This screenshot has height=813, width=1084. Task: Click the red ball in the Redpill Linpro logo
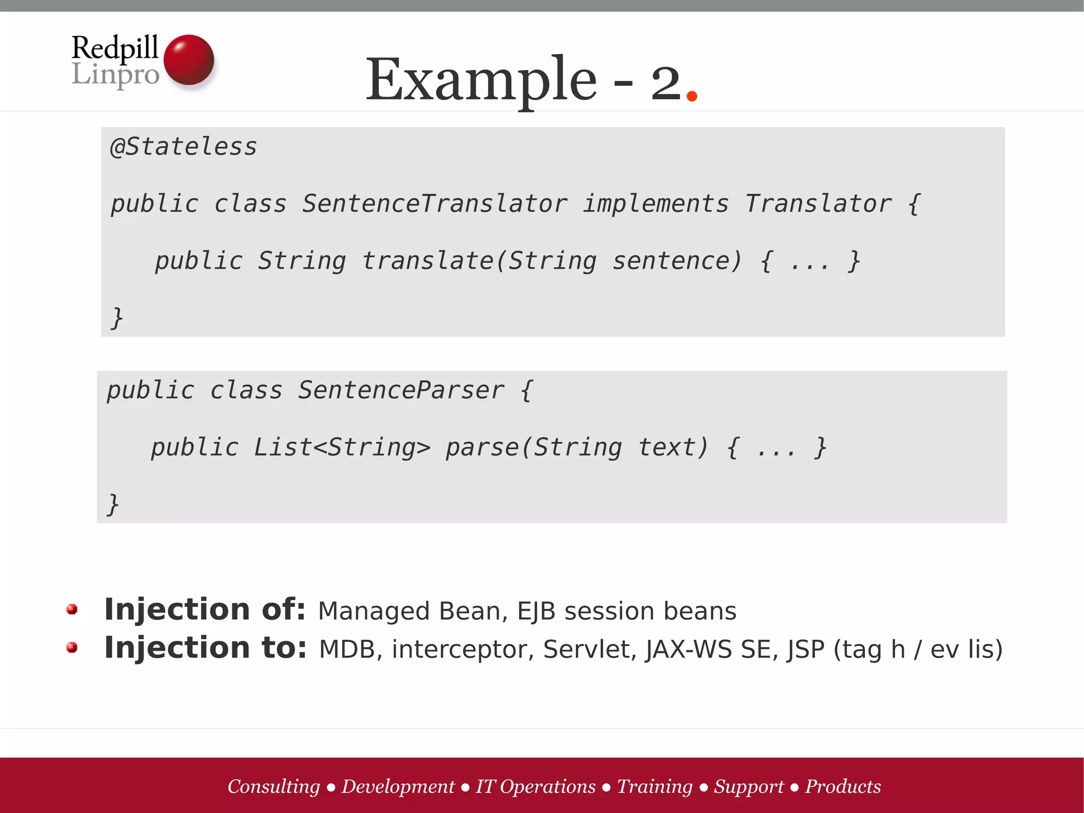pos(189,59)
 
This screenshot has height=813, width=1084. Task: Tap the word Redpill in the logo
pos(115,48)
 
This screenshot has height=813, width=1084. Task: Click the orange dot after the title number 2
pos(691,96)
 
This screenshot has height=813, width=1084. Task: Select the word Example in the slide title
pos(481,81)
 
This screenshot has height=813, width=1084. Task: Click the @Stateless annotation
pos(183,147)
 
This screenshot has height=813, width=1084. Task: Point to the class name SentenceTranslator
pos(435,204)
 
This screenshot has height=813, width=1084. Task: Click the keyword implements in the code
pos(656,204)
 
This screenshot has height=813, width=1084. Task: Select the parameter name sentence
pos(676,261)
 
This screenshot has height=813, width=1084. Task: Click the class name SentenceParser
pos(401,390)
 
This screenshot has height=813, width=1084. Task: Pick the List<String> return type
pos(342,448)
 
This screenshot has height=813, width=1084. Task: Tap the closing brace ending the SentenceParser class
pos(113,504)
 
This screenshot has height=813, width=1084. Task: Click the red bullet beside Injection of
pos(73,610)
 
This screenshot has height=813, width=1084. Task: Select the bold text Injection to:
pos(205,648)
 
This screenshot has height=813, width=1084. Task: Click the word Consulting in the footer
pos(274,787)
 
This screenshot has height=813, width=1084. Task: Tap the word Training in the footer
pos(655,787)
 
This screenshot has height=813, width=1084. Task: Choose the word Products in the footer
pos(843,787)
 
